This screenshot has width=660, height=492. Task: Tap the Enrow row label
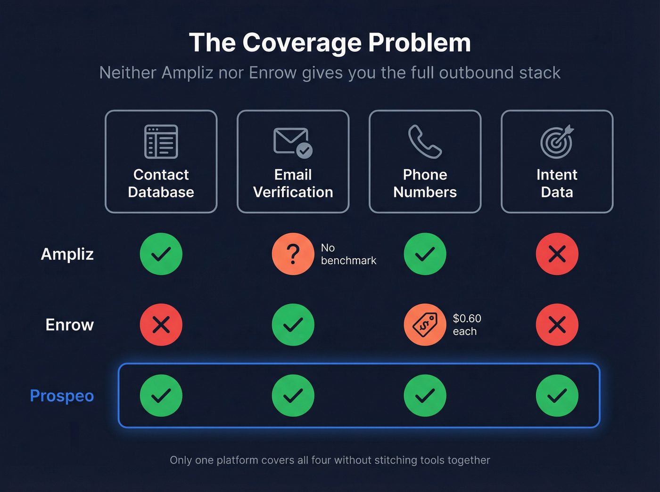click(70, 325)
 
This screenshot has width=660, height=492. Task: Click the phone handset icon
click(425, 141)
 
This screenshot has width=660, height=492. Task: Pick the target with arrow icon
click(557, 141)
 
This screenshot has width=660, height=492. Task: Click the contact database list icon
click(161, 141)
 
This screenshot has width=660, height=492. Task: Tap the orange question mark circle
click(293, 254)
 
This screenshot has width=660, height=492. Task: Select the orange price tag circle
click(425, 325)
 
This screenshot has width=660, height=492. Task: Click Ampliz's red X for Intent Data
click(557, 254)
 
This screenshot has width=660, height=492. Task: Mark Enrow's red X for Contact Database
click(161, 325)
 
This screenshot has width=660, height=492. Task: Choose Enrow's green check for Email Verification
click(293, 325)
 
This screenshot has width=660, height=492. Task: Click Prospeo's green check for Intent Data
click(557, 395)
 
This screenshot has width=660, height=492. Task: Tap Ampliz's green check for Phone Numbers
click(425, 254)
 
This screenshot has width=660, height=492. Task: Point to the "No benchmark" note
click(348, 254)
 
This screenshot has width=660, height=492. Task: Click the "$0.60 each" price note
click(467, 325)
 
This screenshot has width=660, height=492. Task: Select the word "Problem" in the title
click(420, 43)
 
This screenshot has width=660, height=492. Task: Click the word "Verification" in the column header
click(293, 192)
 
